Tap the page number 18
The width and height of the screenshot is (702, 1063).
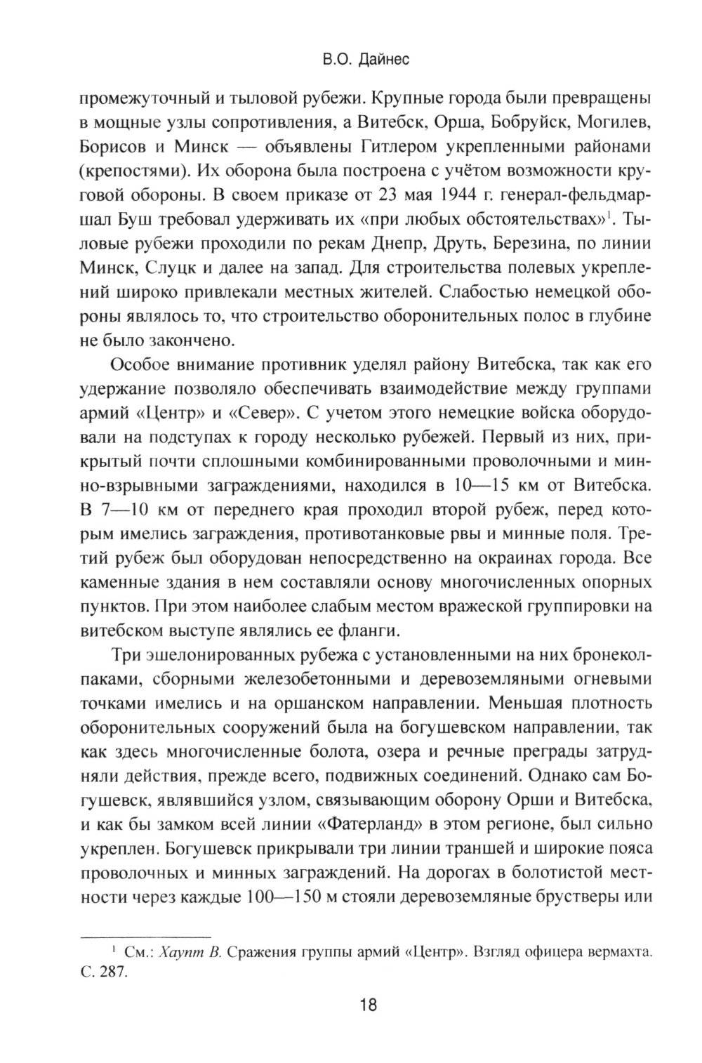[x=369, y=1005]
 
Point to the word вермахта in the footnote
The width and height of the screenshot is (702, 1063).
[x=625, y=953]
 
